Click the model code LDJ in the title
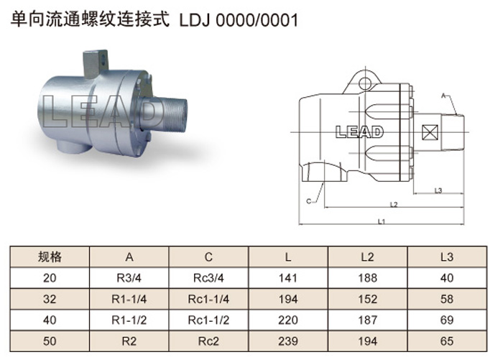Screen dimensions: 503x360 (x=195, y=20)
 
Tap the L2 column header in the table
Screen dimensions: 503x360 (x=367, y=257)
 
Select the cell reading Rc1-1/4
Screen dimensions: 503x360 (x=208, y=299)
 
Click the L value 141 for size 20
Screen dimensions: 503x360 (x=287, y=278)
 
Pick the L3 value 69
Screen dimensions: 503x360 (x=447, y=320)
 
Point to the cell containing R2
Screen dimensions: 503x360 (x=129, y=341)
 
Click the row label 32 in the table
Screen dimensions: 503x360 (x=50, y=299)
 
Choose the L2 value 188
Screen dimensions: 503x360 (x=367, y=278)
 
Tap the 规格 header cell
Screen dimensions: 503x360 (x=50, y=257)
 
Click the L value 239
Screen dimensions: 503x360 (x=287, y=341)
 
